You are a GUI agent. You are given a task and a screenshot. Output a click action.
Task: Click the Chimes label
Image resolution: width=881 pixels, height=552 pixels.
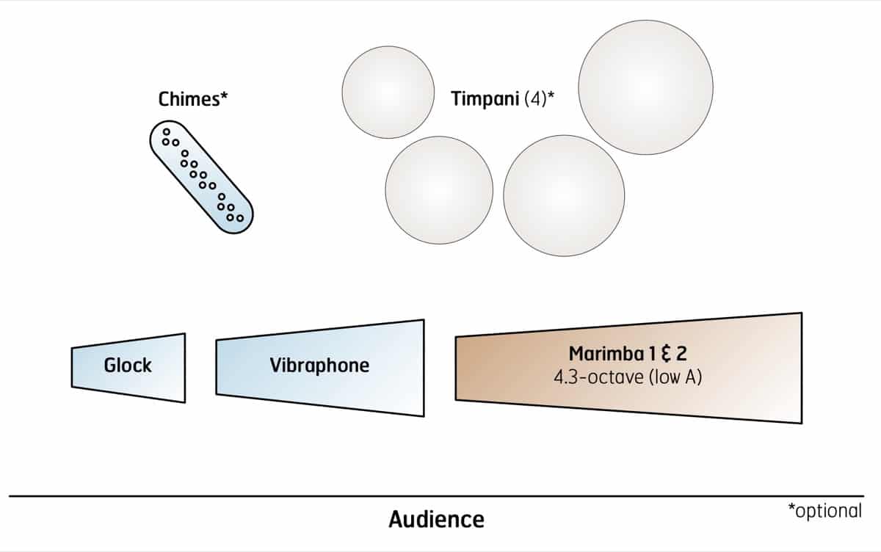click(x=189, y=99)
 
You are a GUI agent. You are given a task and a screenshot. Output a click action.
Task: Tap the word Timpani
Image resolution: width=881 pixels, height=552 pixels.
click(x=484, y=99)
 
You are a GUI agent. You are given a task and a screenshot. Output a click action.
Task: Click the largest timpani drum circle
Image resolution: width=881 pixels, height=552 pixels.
click(x=645, y=87)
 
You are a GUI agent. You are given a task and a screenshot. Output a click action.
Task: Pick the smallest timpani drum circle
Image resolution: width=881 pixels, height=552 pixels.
click(x=388, y=92)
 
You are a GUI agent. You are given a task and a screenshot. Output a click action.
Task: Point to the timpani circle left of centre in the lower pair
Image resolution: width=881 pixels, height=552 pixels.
click(x=439, y=189)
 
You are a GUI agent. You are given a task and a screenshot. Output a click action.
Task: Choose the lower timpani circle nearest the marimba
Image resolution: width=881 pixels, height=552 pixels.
click(x=564, y=195)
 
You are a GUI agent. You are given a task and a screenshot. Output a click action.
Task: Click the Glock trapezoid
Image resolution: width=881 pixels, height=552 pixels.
click(x=128, y=368)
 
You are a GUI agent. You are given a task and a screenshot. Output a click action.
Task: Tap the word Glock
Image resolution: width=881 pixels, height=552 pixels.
click(x=128, y=365)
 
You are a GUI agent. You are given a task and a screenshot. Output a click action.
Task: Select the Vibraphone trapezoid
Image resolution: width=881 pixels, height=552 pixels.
click(x=320, y=367)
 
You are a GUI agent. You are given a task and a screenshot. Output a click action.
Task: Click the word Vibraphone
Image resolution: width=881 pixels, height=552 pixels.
click(x=319, y=365)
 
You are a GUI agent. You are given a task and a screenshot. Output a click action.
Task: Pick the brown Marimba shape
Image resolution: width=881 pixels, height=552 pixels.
click(x=628, y=368)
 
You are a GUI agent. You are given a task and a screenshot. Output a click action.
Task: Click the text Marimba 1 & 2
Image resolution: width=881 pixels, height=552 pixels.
click(x=628, y=353)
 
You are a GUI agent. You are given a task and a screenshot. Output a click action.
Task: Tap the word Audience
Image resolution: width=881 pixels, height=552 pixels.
click(x=436, y=520)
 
